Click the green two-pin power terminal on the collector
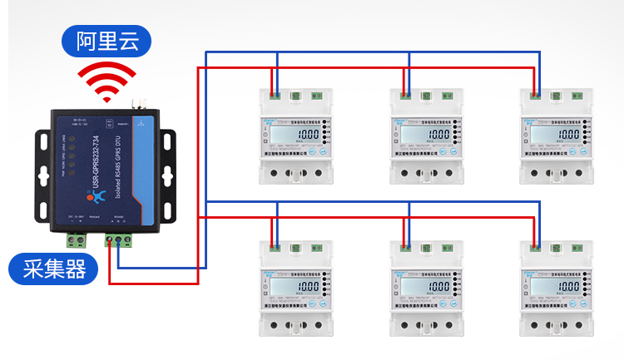point(77,240)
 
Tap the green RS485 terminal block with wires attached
point(118,241)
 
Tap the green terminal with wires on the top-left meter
point(275,95)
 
